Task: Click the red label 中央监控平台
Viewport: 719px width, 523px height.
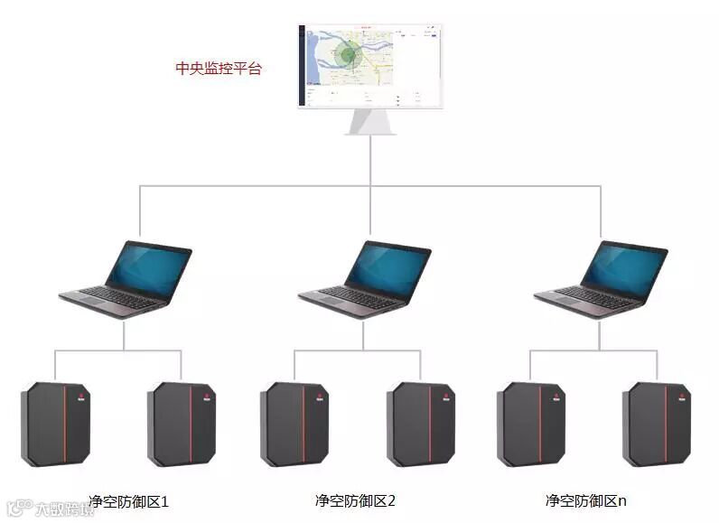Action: point(218,68)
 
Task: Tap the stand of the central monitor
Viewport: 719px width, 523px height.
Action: point(371,122)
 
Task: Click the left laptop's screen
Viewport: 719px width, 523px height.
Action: point(148,268)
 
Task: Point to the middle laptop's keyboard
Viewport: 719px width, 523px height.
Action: point(355,298)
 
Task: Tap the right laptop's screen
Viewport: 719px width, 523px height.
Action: point(625,268)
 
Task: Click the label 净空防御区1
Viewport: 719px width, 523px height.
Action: point(129,500)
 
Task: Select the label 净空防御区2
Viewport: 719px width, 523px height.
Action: point(356,500)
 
